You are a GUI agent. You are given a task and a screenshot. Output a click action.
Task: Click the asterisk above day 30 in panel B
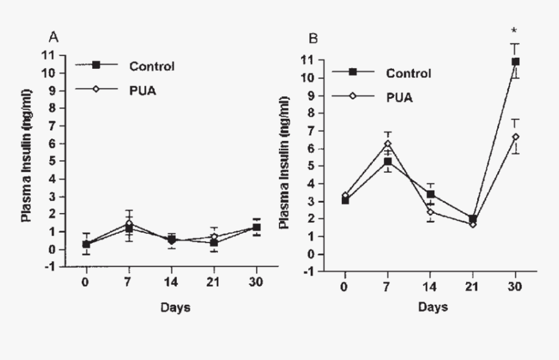point(514,31)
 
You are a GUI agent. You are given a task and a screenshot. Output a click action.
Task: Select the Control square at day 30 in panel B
point(515,62)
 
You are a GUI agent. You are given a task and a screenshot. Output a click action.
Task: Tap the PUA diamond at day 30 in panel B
point(515,137)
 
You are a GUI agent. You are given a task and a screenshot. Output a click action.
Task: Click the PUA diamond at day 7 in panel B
point(387,144)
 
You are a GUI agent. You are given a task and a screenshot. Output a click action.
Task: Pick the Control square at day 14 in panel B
point(430,194)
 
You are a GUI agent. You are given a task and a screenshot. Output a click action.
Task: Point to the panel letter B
point(313,39)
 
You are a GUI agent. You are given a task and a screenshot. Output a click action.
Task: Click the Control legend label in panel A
point(152,66)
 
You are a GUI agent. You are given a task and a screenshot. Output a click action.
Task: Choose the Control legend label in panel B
point(408,73)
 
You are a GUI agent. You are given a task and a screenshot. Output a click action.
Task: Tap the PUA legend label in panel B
point(398,97)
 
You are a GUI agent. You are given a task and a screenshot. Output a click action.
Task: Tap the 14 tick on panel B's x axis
point(430,284)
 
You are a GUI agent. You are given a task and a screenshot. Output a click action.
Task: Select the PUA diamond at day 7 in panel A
point(129,224)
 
